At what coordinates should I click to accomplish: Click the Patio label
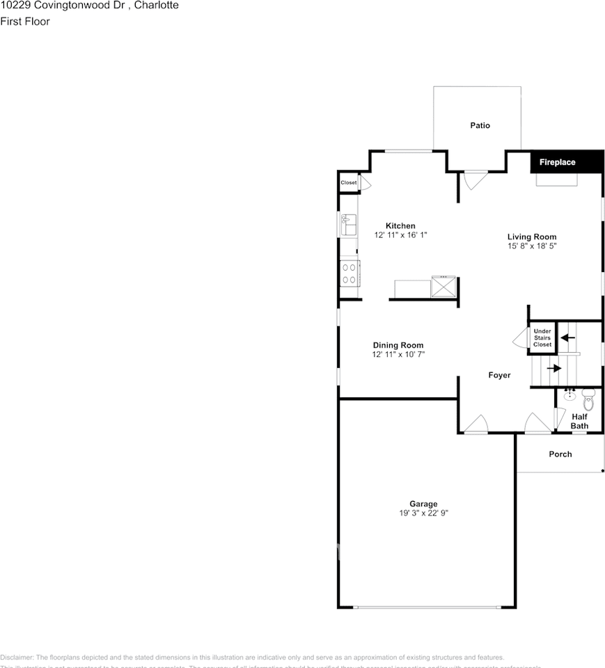tap(480, 125)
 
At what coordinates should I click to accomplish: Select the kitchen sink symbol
tap(348, 225)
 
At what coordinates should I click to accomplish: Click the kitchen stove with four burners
tap(349, 272)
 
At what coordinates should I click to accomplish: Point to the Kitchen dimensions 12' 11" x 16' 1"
tap(400, 235)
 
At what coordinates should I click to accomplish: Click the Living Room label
tap(532, 237)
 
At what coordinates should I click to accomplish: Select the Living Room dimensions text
tap(532, 246)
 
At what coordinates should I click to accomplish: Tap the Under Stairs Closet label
tap(542, 337)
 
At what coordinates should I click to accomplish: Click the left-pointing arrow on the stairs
tap(568, 338)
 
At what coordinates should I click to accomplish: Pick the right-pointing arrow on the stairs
tap(554, 367)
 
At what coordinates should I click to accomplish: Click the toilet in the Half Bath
tap(588, 400)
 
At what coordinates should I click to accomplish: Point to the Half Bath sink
tap(570, 395)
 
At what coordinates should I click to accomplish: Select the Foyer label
tap(499, 375)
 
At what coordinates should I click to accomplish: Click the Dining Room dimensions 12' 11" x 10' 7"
tap(398, 354)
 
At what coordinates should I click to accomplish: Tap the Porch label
tap(560, 454)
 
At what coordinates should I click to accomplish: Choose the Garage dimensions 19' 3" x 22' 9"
tap(423, 513)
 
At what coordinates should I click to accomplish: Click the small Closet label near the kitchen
tap(348, 182)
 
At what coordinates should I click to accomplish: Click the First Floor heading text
tap(25, 21)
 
